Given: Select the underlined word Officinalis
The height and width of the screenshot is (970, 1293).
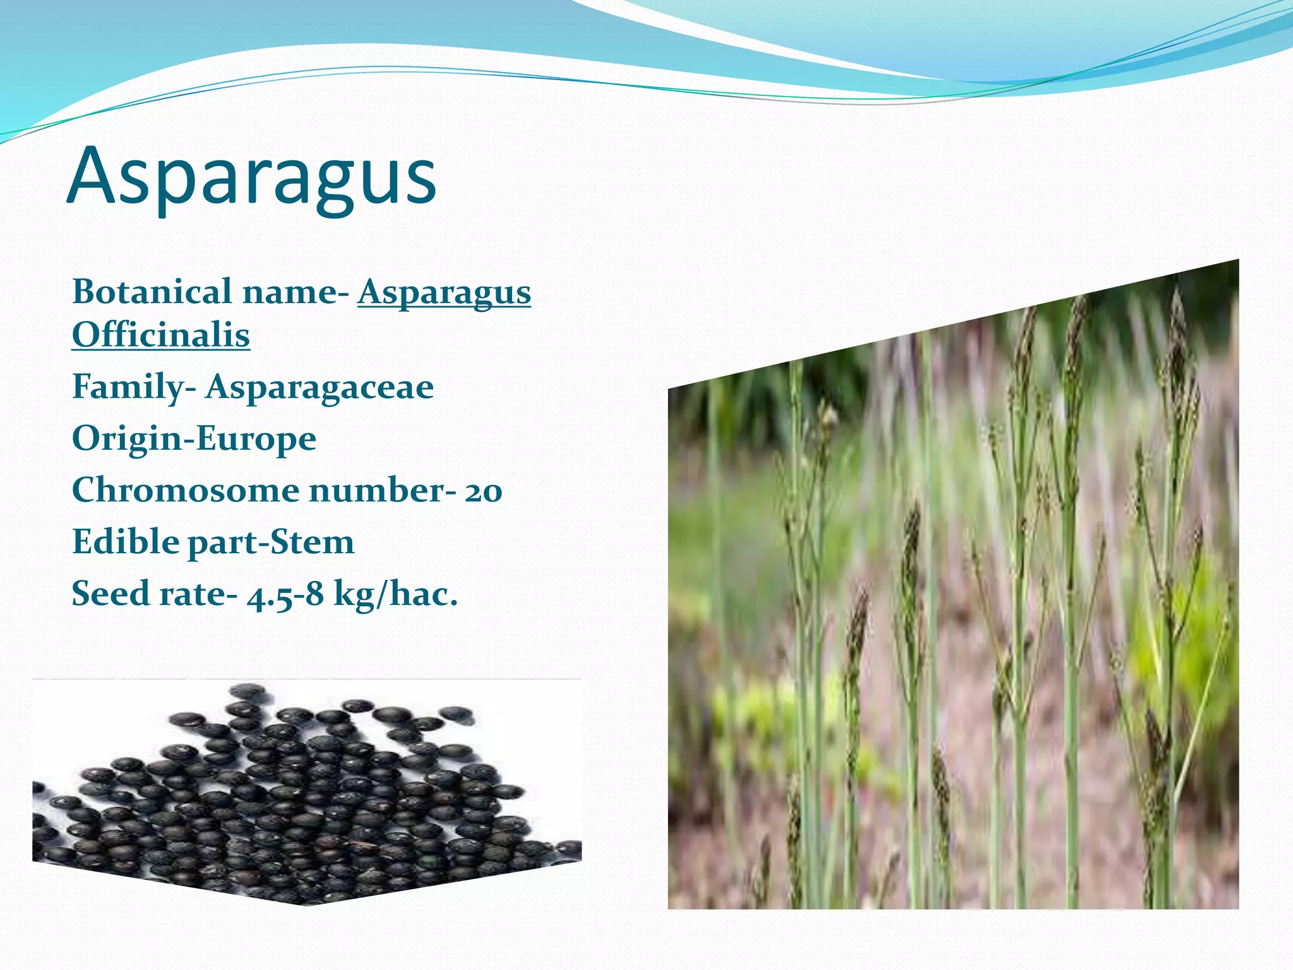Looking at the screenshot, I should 161,335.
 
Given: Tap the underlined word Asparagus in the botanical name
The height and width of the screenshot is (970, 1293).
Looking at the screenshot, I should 444,293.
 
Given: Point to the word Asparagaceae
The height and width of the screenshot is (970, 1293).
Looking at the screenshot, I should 319,386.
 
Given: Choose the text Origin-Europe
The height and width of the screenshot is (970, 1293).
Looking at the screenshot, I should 194,438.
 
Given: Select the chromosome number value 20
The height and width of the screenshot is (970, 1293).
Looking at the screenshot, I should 484,491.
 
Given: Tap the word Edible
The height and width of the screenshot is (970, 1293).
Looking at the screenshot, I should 126,542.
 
